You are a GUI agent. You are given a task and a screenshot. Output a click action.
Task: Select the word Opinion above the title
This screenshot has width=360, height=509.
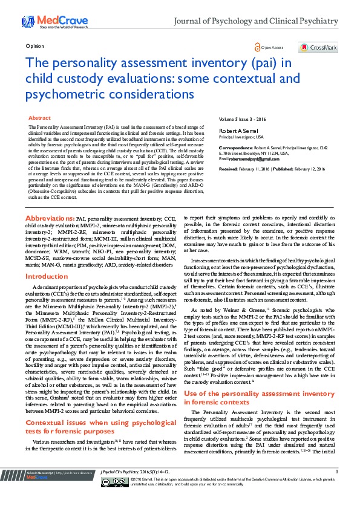[x=35, y=47]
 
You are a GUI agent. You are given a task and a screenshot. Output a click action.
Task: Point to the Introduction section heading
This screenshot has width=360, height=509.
[x=47, y=276]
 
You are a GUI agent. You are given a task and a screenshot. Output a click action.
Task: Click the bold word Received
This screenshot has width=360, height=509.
[x=231, y=169]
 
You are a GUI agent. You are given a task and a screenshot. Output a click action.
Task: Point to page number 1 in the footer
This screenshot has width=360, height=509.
[x=336, y=488]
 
